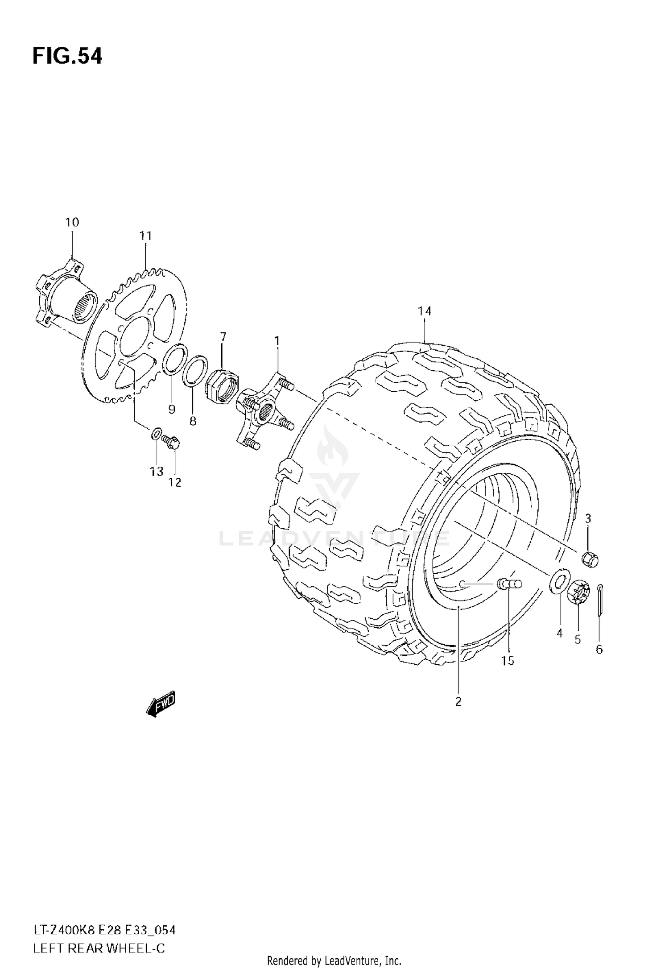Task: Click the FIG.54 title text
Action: [x=67, y=57]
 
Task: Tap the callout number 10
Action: [x=72, y=222]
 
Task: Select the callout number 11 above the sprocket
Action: [x=145, y=235]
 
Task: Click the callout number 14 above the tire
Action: [x=425, y=311]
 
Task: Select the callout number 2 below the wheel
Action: [x=458, y=702]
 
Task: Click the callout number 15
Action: [x=508, y=661]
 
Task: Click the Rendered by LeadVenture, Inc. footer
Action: [x=334, y=960]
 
